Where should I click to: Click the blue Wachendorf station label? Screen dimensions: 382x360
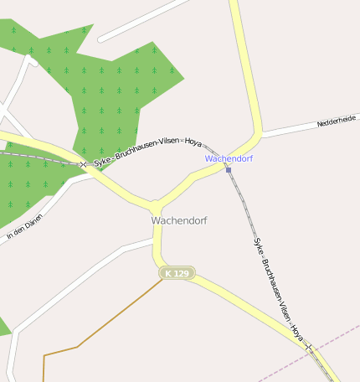click(x=229, y=158)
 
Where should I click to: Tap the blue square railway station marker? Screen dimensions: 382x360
click(x=228, y=170)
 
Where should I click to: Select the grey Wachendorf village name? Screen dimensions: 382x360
click(x=179, y=220)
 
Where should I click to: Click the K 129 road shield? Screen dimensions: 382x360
click(x=177, y=273)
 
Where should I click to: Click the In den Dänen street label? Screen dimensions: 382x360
click(x=24, y=227)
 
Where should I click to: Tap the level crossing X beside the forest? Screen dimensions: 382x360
click(x=83, y=164)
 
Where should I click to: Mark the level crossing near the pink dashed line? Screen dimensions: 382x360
click(x=308, y=346)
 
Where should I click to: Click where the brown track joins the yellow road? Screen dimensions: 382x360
click(x=163, y=279)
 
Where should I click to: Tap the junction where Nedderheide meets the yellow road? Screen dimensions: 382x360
click(x=260, y=134)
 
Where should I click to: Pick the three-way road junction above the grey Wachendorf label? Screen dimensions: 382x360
click(x=155, y=205)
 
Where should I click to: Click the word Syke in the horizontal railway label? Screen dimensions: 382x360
click(x=102, y=159)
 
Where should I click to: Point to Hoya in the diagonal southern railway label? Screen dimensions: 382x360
click(x=296, y=333)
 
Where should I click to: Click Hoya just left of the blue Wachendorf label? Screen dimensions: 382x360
click(x=193, y=141)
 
